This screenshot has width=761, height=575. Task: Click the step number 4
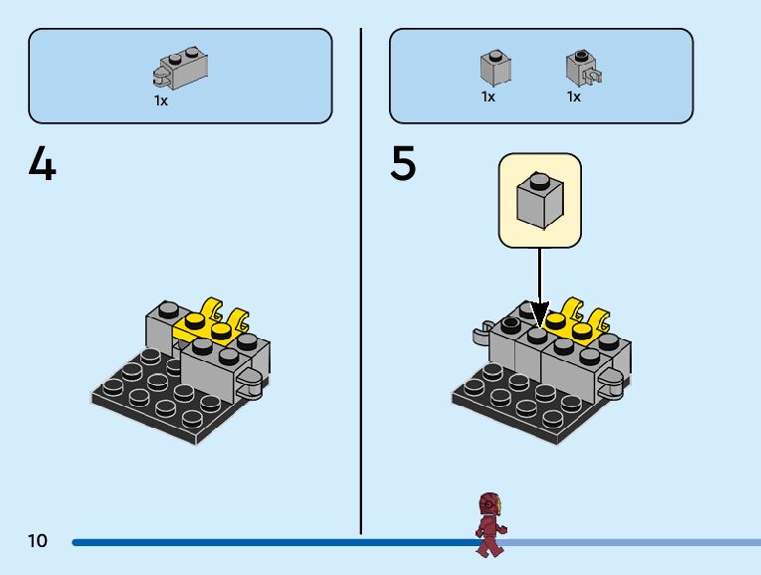tap(43, 164)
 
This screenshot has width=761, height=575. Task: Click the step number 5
tap(403, 164)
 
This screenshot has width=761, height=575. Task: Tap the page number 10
tap(38, 541)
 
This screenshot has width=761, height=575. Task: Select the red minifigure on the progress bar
tap(489, 524)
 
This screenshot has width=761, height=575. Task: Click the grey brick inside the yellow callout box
tap(539, 199)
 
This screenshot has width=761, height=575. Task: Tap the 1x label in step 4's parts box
tap(161, 100)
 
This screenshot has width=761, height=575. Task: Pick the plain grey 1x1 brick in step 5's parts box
tap(494, 68)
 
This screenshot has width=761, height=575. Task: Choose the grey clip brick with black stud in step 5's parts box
tap(582, 68)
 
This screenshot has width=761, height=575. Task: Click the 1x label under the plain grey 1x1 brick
tap(488, 96)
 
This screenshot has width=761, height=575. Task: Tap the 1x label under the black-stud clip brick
tap(574, 96)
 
